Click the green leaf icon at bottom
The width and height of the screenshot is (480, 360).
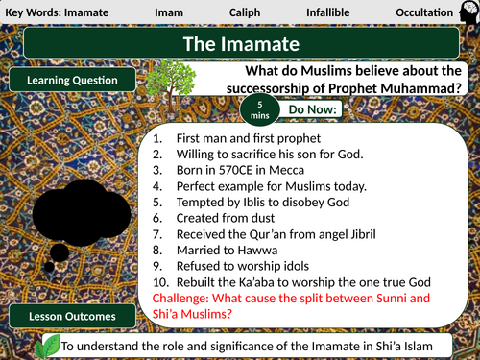click(45, 344)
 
